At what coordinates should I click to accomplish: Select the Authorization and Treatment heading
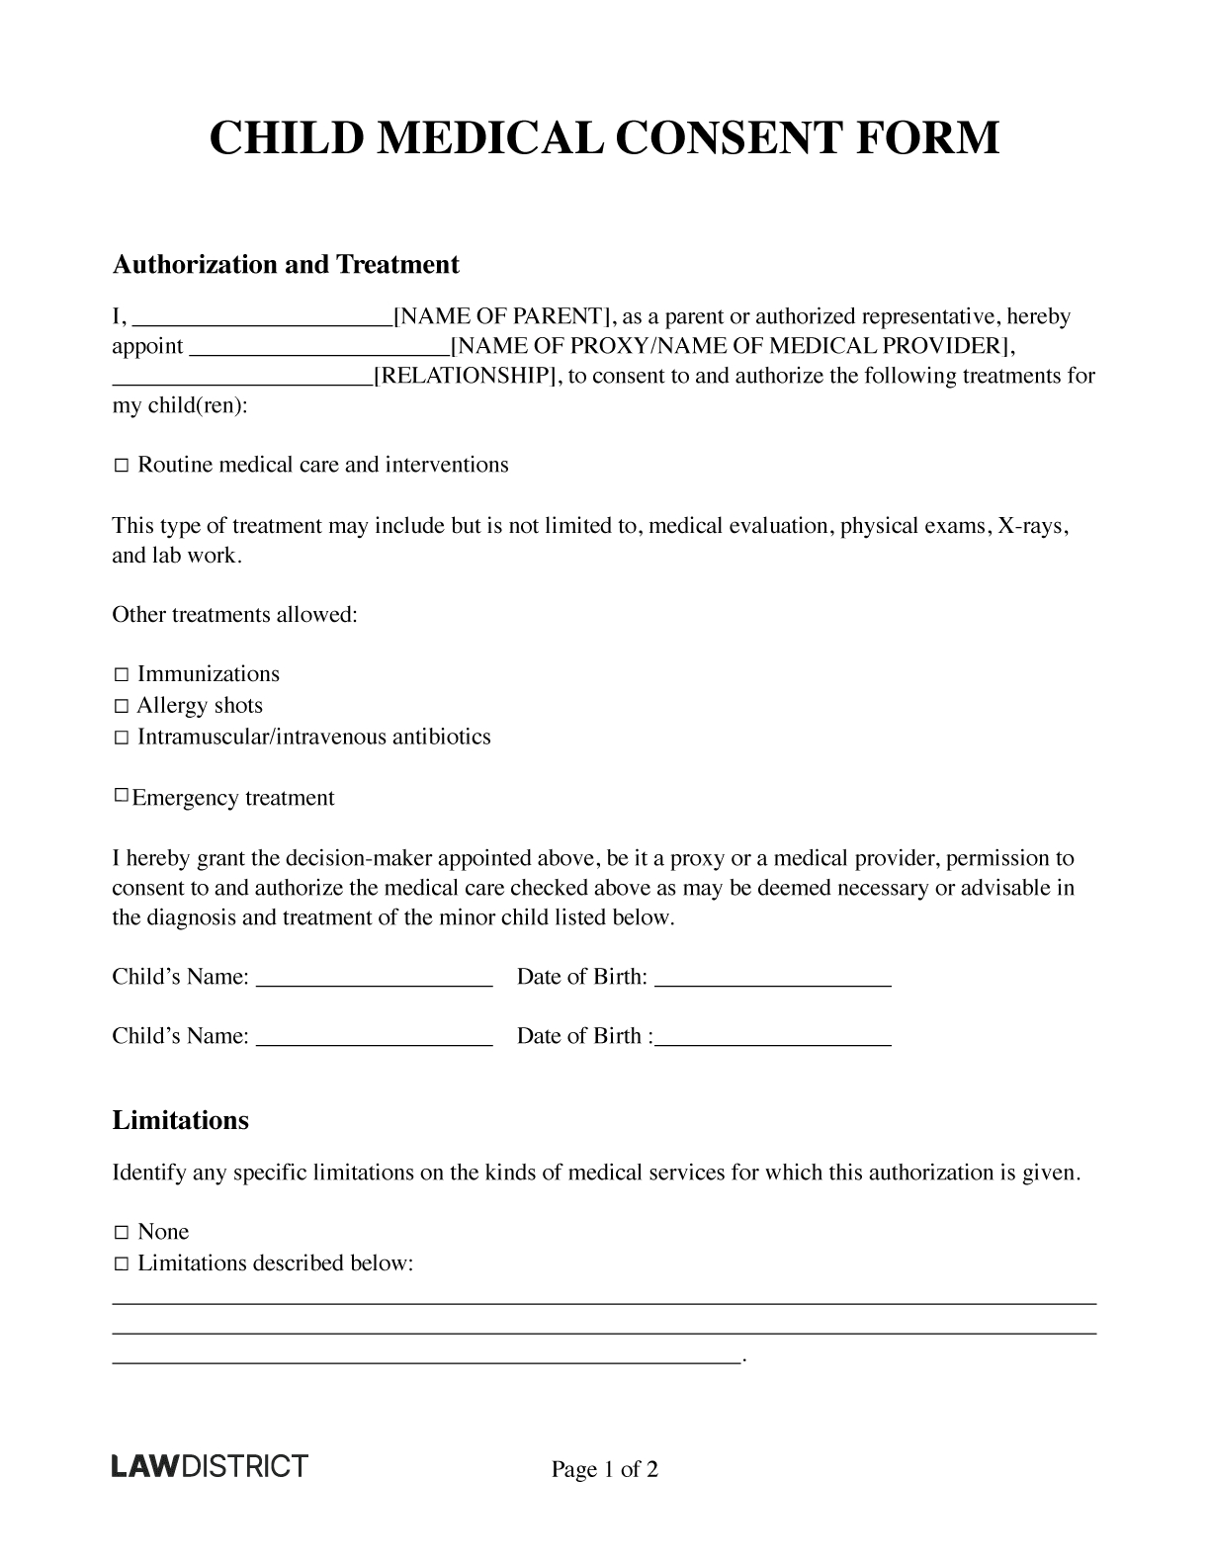point(286,265)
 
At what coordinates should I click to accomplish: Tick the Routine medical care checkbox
point(121,466)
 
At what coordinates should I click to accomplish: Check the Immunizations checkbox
point(121,675)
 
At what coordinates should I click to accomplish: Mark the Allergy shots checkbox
point(121,707)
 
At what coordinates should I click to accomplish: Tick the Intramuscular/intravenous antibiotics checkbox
point(121,739)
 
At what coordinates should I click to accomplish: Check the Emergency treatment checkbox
point(121,796)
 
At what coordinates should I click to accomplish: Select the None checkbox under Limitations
point(121,1233)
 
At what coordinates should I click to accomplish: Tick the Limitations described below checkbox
point(121,1264)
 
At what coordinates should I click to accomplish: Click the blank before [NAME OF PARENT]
point(262,319)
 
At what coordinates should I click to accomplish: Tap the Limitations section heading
point(180,1121)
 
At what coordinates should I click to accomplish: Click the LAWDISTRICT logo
point(209,1465)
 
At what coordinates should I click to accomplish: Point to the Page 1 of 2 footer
point(604,1470)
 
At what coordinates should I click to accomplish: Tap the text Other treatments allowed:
point(234,615)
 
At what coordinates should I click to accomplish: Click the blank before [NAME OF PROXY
point(318,349)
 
